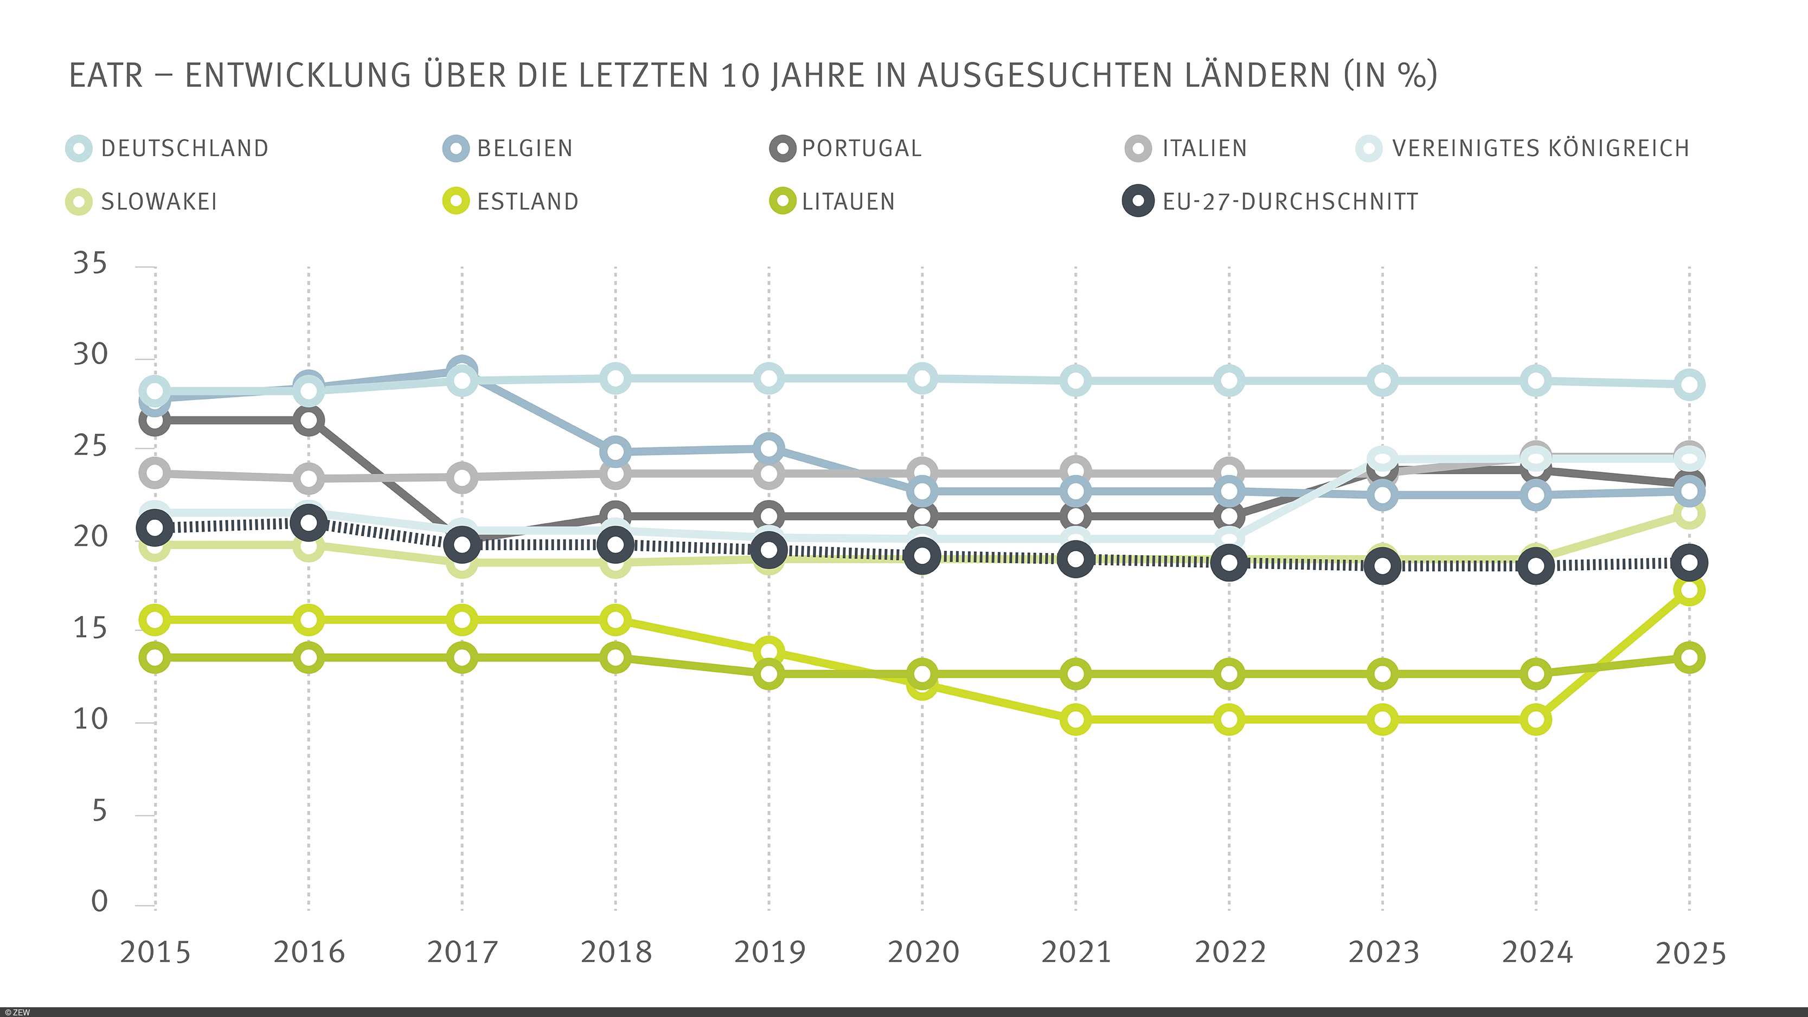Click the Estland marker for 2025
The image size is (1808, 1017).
(1689, 590)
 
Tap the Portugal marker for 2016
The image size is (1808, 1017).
(309, 421)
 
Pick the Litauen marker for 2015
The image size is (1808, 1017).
(155, 658)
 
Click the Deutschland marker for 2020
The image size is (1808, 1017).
(922, 378)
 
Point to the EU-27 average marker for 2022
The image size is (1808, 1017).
(1229, 563)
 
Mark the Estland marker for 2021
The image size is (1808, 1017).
(1075, 719)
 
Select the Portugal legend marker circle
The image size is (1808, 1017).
(783, 148)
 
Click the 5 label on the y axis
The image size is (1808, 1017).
(99, 812)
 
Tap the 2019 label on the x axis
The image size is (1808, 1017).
(770, 952)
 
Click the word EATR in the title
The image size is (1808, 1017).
(105, 76)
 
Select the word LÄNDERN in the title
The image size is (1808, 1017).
(1257, 76)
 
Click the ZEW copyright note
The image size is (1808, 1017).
(17, 1012)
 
